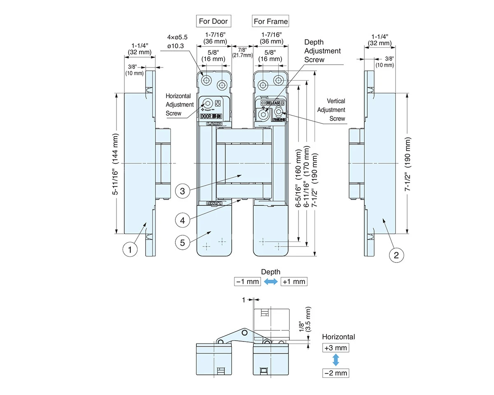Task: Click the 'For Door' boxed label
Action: (213, 21)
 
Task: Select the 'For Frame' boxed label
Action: (270, 21)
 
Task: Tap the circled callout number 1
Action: (130, 249)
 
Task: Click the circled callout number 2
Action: (396, 255)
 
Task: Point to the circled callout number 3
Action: (182, 191)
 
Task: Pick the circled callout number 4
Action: (182, 220)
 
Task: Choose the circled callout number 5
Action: (183, 242)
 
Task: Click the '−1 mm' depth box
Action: (247, 281)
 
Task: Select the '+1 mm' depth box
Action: (294, 281)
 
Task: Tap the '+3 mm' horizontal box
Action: (336, 348)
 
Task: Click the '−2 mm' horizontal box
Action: (336, 373)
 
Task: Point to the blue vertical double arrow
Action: (336, 360)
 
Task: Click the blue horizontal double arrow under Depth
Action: (270, 281)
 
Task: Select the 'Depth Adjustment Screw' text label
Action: (322, 51)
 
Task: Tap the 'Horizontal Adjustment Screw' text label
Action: (179, 105)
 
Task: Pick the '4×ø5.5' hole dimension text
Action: (178, 37)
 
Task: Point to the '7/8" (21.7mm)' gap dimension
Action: (242, 52)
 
